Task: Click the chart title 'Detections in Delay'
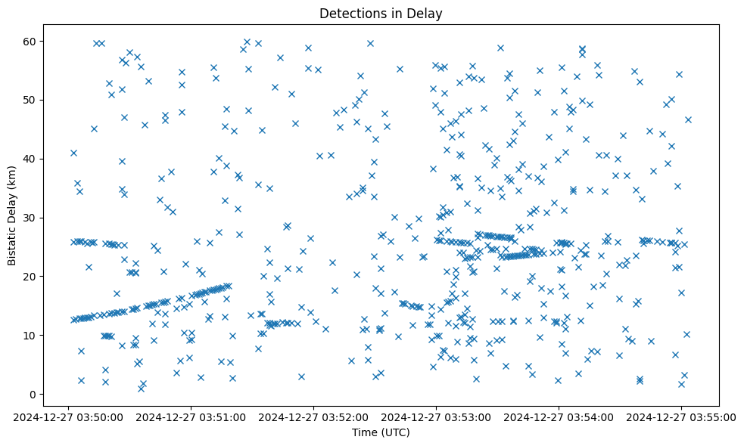381,14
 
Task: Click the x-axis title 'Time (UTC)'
381,432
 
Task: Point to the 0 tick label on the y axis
33,395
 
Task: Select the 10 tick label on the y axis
30,336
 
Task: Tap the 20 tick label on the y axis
30,277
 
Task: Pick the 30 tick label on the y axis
30,218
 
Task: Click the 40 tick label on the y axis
30,159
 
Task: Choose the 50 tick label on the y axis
30,100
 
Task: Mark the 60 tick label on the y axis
30,41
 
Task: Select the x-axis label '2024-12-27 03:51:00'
191,417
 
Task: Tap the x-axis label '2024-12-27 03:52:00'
314,417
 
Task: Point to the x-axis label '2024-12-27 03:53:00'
437,417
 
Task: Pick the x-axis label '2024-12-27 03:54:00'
559,417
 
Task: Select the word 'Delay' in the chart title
425,14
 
